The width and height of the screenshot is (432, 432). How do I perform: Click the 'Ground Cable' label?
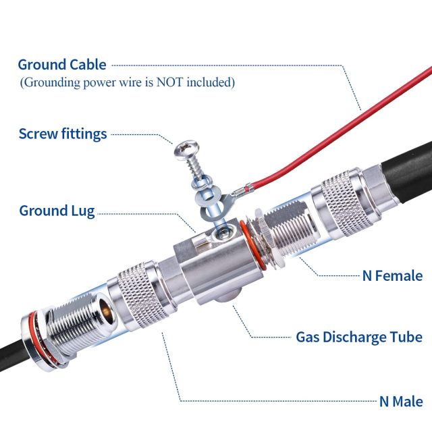click(62, 65)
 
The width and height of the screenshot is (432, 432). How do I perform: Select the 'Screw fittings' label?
click(63, 134)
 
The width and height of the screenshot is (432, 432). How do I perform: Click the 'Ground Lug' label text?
click(57, 211)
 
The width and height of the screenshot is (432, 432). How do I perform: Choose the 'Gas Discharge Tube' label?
click(359, 337)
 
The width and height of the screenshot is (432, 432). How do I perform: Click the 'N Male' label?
click(401, 402)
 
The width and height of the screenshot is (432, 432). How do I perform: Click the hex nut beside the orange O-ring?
click(259, 236)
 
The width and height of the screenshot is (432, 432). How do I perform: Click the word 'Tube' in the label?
click(407, 337)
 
